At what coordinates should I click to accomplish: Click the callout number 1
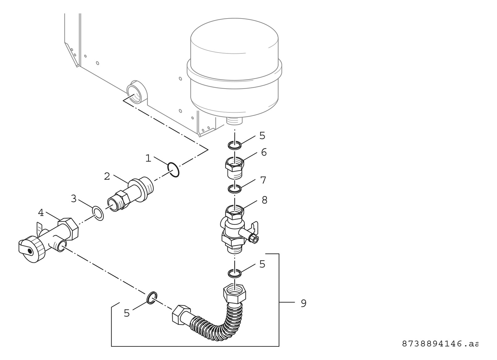click(148, 158)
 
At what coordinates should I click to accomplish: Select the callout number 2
click(107, 177)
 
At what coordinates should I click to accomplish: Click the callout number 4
click(41, 213)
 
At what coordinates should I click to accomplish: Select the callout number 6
click(263, 152)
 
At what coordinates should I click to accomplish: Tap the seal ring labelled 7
click(234, 188)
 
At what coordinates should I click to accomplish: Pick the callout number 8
click(264, 200)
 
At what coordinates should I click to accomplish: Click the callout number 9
click(303, 303)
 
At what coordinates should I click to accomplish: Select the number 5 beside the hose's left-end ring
click(127, 313)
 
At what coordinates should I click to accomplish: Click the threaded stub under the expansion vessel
click(234, 120)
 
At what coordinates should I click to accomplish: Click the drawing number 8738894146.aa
click(440, 344)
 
